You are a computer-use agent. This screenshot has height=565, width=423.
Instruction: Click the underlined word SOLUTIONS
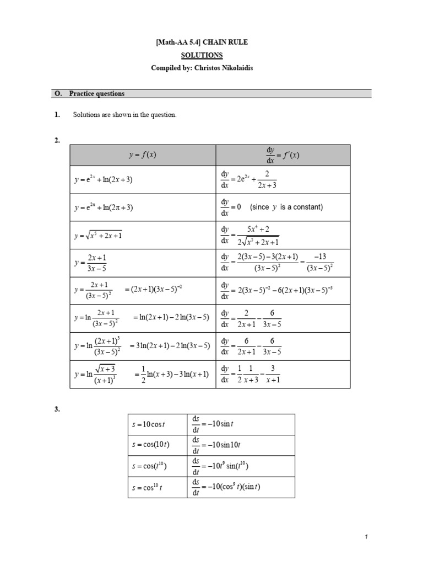[x=202, y=55]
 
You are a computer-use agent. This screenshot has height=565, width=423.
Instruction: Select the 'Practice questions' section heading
[x=96, y=94]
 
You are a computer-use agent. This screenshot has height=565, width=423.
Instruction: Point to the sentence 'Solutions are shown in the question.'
[x=124, y=115]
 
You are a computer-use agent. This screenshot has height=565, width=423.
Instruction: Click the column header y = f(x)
[x=143, y=155]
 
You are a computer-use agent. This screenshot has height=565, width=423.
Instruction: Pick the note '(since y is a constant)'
[x=286, y=207]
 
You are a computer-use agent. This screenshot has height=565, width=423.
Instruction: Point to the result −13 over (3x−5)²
[x=319, y=263]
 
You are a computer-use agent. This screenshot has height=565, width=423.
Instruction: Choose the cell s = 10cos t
[x=149, y=424]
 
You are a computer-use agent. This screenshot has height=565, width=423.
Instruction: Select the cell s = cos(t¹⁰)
[x=149, y=466]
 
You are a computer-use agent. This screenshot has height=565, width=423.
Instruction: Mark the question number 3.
[x=57, y=410]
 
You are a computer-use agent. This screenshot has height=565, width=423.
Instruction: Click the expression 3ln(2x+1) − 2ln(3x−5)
[x=170, y=346]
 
